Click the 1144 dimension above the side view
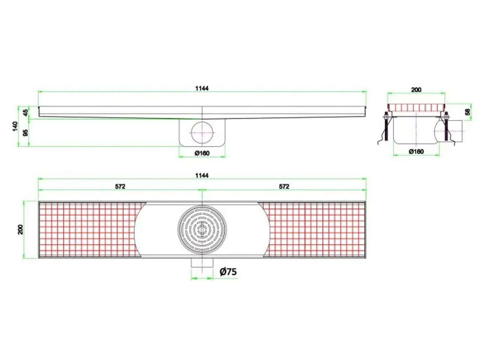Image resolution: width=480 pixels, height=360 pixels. click(202, 88)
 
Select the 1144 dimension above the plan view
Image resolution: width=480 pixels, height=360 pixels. click(202, 175)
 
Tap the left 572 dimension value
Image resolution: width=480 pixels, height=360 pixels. click(120, 187)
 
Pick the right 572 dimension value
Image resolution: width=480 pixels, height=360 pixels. click(284, 187)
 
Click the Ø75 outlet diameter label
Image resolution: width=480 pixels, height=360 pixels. click(228, 271)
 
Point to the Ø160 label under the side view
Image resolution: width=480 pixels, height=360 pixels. click(202, 153)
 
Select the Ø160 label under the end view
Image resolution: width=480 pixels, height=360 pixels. click(416, 151)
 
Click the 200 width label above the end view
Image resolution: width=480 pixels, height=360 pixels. click(416, 90)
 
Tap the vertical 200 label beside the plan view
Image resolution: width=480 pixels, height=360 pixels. click(21, 229)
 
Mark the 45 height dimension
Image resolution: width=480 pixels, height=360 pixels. click(25, 112)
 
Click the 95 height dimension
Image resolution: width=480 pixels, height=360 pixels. click(25, 133)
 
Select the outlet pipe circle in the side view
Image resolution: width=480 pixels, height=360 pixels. click(202, 132)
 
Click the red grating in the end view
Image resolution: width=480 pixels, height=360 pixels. click(416, 108)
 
